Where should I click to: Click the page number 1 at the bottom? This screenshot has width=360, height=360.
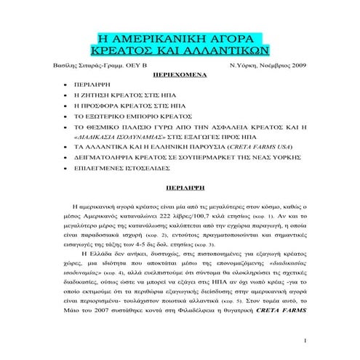(x=306, y=340)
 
